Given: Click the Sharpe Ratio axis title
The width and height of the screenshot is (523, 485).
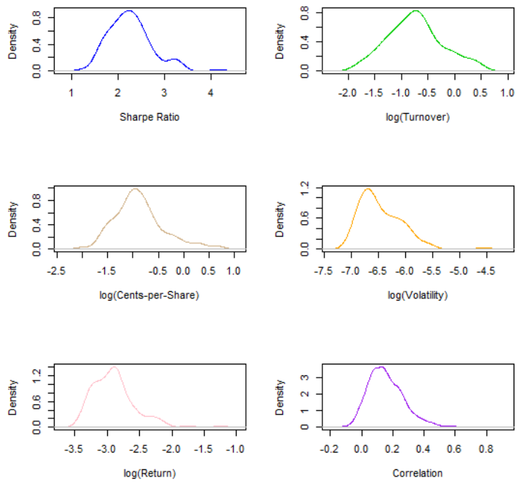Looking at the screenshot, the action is tap(150, 117).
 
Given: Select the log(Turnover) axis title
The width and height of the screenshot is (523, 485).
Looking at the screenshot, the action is tap(417, 117).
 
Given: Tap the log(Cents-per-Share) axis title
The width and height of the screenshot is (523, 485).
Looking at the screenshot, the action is tap(149, 295).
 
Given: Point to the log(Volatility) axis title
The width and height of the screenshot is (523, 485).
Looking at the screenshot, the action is tap(417, 295).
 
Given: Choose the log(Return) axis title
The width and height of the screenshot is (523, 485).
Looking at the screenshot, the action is tap(150, 473).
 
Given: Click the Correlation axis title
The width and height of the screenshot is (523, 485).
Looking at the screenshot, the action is tap(417, 473).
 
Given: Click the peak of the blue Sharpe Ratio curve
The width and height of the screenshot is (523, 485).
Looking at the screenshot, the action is tap(129, 10).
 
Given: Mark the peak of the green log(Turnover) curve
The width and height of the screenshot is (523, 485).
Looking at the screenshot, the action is tap(416, 10).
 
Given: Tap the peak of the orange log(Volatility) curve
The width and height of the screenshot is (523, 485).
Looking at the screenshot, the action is tap(368, 189).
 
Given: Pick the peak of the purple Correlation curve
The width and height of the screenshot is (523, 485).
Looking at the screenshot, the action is tap(382, 367).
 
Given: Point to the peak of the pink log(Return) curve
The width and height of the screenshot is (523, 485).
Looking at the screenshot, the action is tap(114, 367).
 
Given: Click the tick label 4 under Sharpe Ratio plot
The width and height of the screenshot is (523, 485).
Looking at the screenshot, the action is tap(210, 93).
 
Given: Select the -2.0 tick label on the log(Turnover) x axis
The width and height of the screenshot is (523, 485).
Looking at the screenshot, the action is tap(347, 93).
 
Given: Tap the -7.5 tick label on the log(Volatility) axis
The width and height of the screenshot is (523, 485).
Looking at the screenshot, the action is tap(323, 271).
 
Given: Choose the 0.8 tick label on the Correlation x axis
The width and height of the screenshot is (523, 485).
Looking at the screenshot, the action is tap(486, 449).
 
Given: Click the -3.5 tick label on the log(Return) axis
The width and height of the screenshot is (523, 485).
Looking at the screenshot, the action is tap(74, 449).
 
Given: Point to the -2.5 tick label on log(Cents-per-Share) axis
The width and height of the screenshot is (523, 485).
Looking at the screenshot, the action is tap(56, 271).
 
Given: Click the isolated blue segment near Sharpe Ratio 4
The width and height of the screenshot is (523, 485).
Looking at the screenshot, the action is tap(218, 70).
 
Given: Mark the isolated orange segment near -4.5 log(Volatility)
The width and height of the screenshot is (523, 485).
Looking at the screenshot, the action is tap(484, 248).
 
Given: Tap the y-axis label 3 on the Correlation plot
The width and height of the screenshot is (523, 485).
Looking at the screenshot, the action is tap(304, 378).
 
